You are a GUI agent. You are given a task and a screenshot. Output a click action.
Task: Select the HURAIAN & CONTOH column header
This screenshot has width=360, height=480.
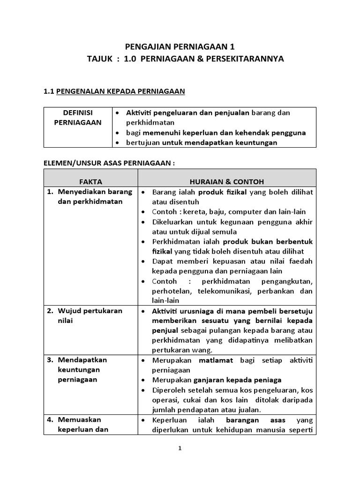(227, 181)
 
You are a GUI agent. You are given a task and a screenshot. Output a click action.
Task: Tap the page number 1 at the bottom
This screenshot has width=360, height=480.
(180, 448)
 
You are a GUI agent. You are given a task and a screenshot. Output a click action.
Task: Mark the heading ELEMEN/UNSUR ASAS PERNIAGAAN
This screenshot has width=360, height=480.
(109, 162)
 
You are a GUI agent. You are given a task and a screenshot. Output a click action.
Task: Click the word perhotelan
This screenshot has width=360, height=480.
(172, 291)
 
